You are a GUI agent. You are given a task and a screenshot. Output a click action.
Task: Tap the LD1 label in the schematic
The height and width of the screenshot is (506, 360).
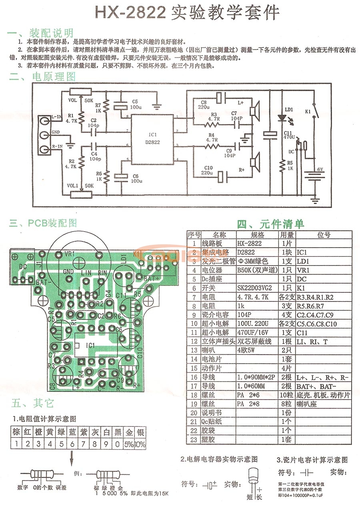[x=288, y=109]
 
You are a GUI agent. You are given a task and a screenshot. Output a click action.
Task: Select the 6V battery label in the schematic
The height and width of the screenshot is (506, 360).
[x=320, y=170]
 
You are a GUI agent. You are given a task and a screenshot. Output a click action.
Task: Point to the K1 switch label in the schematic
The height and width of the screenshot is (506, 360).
[x=308, y=112]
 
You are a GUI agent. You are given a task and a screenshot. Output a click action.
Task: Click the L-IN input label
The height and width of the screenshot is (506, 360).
[x=56, y=116]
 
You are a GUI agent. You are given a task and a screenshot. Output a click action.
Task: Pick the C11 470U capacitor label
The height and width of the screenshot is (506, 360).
[x=289, y=135]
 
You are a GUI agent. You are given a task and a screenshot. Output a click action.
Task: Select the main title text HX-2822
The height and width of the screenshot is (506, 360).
[x=130, y=13]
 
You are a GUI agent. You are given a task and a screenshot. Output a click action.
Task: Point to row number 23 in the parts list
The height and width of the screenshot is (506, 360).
[x=194, y=439]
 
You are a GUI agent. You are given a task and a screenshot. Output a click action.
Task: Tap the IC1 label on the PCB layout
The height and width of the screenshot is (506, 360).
[x=91, y=345]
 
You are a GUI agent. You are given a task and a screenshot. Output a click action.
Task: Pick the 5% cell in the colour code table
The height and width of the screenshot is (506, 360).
[x=130, y=444]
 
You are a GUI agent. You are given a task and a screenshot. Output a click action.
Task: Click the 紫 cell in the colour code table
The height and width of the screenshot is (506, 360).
[x=84, y=432]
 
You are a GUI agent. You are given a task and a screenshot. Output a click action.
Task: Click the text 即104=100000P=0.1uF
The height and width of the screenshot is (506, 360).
[x=304, y=495]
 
